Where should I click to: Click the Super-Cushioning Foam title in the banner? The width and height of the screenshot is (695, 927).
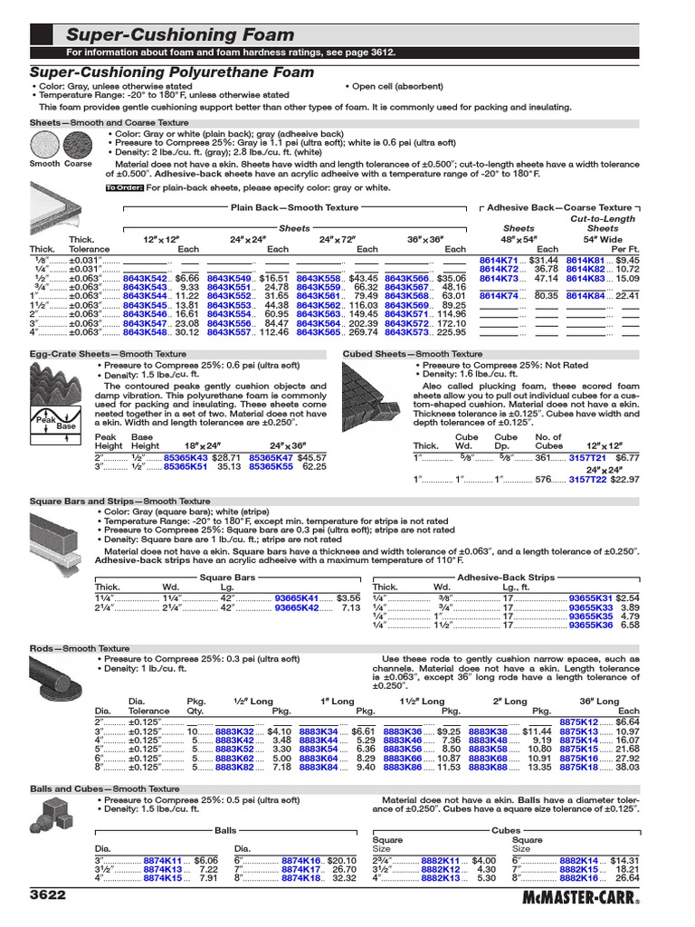pos(181,34)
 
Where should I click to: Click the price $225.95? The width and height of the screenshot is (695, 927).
pos(448,332)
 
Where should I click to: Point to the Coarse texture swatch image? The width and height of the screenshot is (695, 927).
pos(79,145)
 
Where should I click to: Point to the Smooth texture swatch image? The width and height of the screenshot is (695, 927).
pos(44,145)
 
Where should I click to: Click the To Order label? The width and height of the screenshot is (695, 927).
pos(125,188)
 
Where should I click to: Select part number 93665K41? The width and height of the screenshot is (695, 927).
pos(297,598)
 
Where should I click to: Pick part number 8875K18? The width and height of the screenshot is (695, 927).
pos(580,767)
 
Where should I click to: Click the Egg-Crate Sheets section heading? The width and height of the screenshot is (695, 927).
pos(72,354)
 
